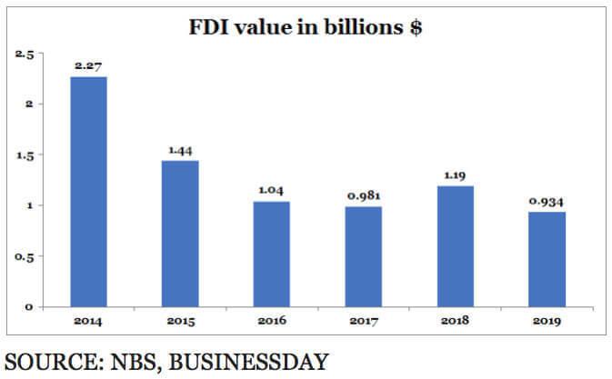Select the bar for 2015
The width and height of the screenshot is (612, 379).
180,234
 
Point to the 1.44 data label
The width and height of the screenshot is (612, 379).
180,150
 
